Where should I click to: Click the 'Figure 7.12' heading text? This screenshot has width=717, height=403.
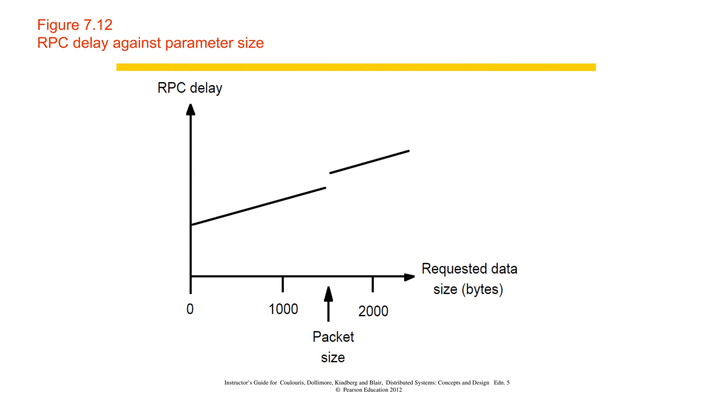coord(75,25)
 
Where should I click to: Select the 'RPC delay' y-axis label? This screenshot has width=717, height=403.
coord(190,88)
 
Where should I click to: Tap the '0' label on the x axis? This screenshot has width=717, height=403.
coord(190,309)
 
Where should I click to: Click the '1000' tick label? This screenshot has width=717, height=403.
coord(283,309)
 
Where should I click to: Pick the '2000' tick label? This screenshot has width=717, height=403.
coord(373,311)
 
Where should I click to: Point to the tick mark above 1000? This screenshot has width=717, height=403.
coord(283,284)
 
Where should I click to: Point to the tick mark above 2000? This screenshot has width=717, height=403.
coord(373,284)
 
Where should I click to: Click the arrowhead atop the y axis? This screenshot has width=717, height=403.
coord(190,109)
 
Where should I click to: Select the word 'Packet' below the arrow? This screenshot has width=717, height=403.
coord(333,337)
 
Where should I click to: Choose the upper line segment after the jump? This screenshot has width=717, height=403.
coord(369,162)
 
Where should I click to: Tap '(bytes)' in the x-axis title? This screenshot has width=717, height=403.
coord(482,289)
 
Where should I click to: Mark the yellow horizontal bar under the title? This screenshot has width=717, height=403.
coord(356,67)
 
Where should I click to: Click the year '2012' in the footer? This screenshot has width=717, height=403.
coord(396,390)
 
